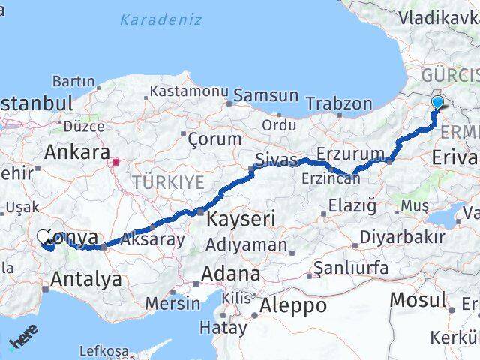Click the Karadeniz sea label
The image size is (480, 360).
[x=160, y=19]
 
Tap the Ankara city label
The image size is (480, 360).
[x=77, y=152]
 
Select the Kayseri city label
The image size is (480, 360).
[x=240, y=219]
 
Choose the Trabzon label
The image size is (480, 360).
[x=339, y=103]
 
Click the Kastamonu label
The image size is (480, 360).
[x=188, y=91]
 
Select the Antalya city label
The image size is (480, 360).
[x=86, y=280]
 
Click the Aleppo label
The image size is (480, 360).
[x=293, y=305]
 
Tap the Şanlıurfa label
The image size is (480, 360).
[x=351, y=268]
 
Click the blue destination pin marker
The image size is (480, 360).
[x=438, y=105]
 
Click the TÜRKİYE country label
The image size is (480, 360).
[x=168, y=182]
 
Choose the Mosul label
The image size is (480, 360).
[x=418, y=301]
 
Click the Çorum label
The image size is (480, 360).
[x=214, y=139]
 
